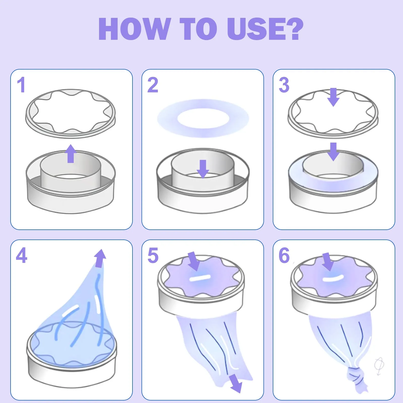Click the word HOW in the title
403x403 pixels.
pos(134,29)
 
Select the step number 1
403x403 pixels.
pos(21,85)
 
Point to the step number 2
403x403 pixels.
pos(153,85)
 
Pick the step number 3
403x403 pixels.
pos(284,85)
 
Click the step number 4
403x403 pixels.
pos(21,255)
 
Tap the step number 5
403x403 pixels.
pos(153,255)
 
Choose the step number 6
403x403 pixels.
pos(284,255)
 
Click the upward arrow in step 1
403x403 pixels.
pos(71,153)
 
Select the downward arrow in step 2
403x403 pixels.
pos(203,169)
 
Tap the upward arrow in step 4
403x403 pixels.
pos(100,258)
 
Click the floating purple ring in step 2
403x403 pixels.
pos(203,118)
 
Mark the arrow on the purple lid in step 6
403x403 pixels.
pos(328,262)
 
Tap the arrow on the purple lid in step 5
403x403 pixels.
pos(194,261)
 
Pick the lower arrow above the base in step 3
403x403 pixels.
pos(333,152)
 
